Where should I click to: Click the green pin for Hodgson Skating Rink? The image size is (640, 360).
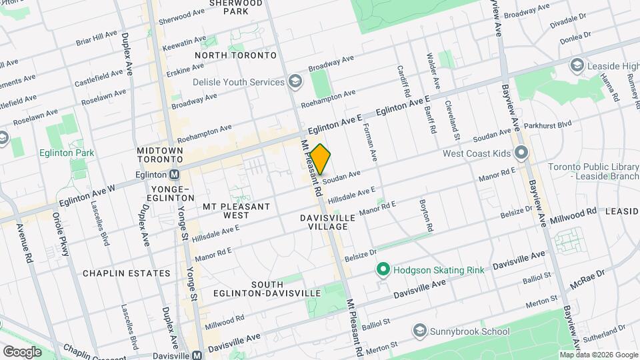(383, 269)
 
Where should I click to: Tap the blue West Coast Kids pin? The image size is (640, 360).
(521, 154)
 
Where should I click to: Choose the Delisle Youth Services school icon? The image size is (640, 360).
(295, 82)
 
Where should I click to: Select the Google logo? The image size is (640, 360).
(21, 351)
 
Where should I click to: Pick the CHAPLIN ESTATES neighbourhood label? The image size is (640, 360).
(127, 273)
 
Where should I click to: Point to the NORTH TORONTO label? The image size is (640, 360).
(226, 55)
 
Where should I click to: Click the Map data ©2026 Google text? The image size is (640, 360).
(598, 355)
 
